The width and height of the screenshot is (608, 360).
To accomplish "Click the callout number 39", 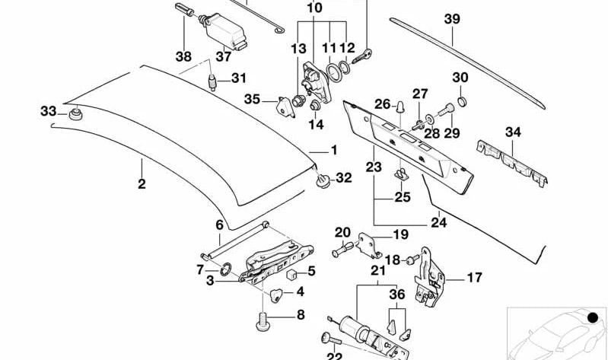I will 453,18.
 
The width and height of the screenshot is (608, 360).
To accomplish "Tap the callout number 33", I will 49,112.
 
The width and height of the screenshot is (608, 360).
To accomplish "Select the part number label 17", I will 474,278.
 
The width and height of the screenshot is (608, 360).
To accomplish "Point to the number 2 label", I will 142,183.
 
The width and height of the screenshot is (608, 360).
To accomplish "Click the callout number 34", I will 514,132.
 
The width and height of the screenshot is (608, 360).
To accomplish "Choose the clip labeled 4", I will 277,293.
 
